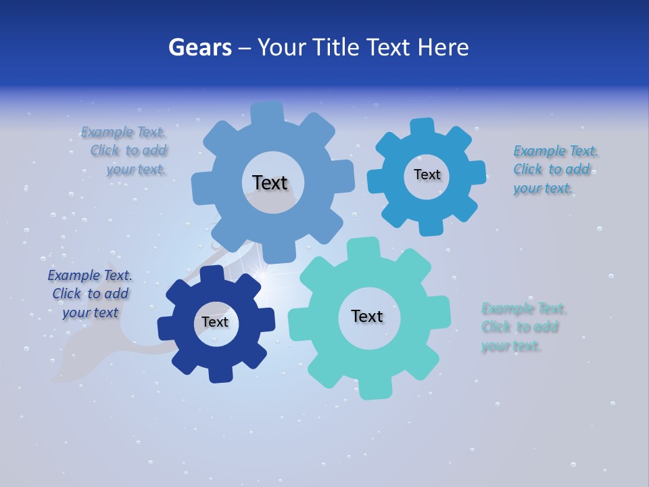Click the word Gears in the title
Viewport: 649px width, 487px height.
pyautogui.click(x=200, y=47)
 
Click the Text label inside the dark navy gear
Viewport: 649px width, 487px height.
pyautogui.click(x=215, y=323)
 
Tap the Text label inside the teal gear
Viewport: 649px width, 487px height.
pyautogui.click(x=367, y=317)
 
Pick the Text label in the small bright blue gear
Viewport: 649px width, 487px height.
pyautogui.click(x=427, y=175)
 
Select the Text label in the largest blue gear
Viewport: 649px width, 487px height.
pyautogui.click(x=270, y=183)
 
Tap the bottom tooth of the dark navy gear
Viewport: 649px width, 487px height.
pyautogui.click(x=220, y=373)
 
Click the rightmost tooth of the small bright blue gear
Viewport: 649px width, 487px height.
pyautogui.click(x=476, y=172)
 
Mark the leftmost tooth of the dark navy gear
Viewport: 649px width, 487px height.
pyautogui.click(x=166, y=328)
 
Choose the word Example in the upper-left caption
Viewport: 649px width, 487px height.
pyautogui.click(x=107, y=132)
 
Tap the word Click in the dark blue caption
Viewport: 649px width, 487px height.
pyautogui.click(x=67, y=294)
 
